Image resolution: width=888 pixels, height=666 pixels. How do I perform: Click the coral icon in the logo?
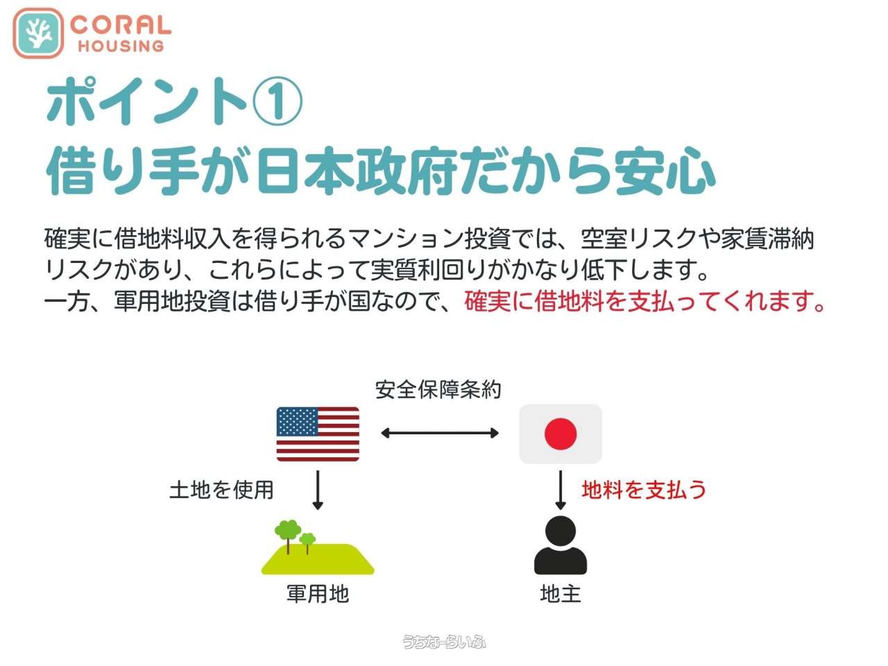tap(38, 33)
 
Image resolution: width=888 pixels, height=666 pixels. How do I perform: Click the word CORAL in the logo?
tap(121, 25)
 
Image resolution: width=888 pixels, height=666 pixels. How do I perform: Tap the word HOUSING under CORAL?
tap(121, 46)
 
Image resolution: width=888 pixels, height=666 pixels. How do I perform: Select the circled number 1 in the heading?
tap(277, 101)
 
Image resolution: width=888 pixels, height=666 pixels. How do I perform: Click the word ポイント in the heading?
tap(147, 101)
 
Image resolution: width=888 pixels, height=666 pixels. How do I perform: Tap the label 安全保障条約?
tap(438, 390)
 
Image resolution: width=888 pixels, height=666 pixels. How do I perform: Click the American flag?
tap(318, 434)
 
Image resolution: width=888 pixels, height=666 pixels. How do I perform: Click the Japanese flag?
tap(561, 434)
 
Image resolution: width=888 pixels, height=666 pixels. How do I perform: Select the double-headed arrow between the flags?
tap(440, 433)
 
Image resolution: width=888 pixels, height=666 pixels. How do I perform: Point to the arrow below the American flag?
tap(318, 490)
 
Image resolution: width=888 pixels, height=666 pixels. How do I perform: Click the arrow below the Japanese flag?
tap(561, 490)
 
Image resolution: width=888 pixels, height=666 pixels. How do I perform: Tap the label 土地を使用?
tap(221, 490)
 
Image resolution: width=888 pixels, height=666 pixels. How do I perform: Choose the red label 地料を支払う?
tap(644, 489)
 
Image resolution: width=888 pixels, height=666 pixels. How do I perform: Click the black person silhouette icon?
tap(561, 545)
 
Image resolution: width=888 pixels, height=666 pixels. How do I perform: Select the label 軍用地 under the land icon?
tap(318, 594)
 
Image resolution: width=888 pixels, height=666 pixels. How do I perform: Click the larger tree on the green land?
tap(288, 533)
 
